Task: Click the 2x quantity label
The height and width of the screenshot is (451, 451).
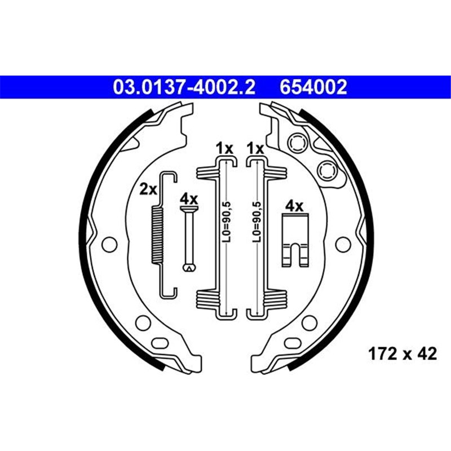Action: click(148, 189)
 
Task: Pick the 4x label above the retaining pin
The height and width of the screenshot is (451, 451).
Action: click(188, 199)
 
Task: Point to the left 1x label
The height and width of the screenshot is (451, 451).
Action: click(224, 148)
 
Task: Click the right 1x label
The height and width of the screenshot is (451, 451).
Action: click(255, 148)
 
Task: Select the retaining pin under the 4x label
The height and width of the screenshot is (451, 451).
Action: click(188, 237)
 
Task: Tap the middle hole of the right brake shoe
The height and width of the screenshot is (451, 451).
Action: click(341, 244)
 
